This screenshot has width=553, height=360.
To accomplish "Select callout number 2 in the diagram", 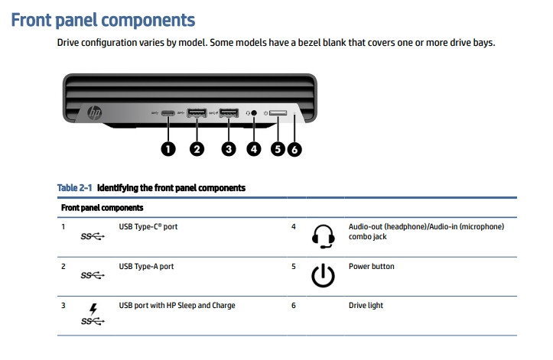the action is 197,148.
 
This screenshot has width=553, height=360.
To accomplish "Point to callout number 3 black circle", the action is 228,148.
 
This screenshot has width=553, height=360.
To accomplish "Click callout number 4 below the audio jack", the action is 254,148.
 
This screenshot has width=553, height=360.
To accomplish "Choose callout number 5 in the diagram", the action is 278,148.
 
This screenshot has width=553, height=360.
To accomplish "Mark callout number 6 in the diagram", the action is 294,149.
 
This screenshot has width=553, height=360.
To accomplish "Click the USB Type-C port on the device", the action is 168,115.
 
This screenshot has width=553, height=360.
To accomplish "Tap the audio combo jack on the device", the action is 255,115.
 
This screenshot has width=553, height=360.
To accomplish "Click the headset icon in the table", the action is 323,237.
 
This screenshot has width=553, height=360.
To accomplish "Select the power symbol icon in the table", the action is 323,276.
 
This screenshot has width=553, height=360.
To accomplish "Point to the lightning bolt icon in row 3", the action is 93,309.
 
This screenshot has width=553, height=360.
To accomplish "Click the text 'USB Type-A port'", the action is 146,267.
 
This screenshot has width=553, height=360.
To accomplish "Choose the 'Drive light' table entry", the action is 366,306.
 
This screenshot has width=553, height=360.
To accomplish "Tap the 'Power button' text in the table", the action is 371,267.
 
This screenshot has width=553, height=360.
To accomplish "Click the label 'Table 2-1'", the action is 74,187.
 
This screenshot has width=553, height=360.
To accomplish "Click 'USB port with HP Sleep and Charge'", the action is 177,306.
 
